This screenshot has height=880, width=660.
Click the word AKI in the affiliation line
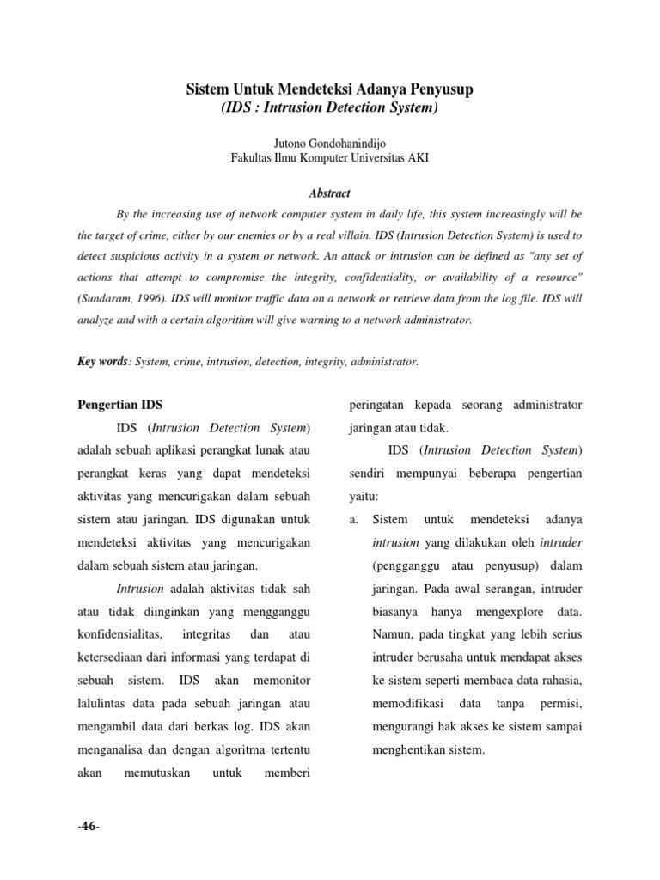coord(417,158)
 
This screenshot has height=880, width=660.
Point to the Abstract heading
coord(330,194)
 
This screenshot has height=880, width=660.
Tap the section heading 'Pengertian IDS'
coord(119,404)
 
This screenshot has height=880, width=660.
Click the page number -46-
coord(89,826)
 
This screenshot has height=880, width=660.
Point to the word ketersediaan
coord(119,657)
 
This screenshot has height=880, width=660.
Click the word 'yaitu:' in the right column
coord(364,496)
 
